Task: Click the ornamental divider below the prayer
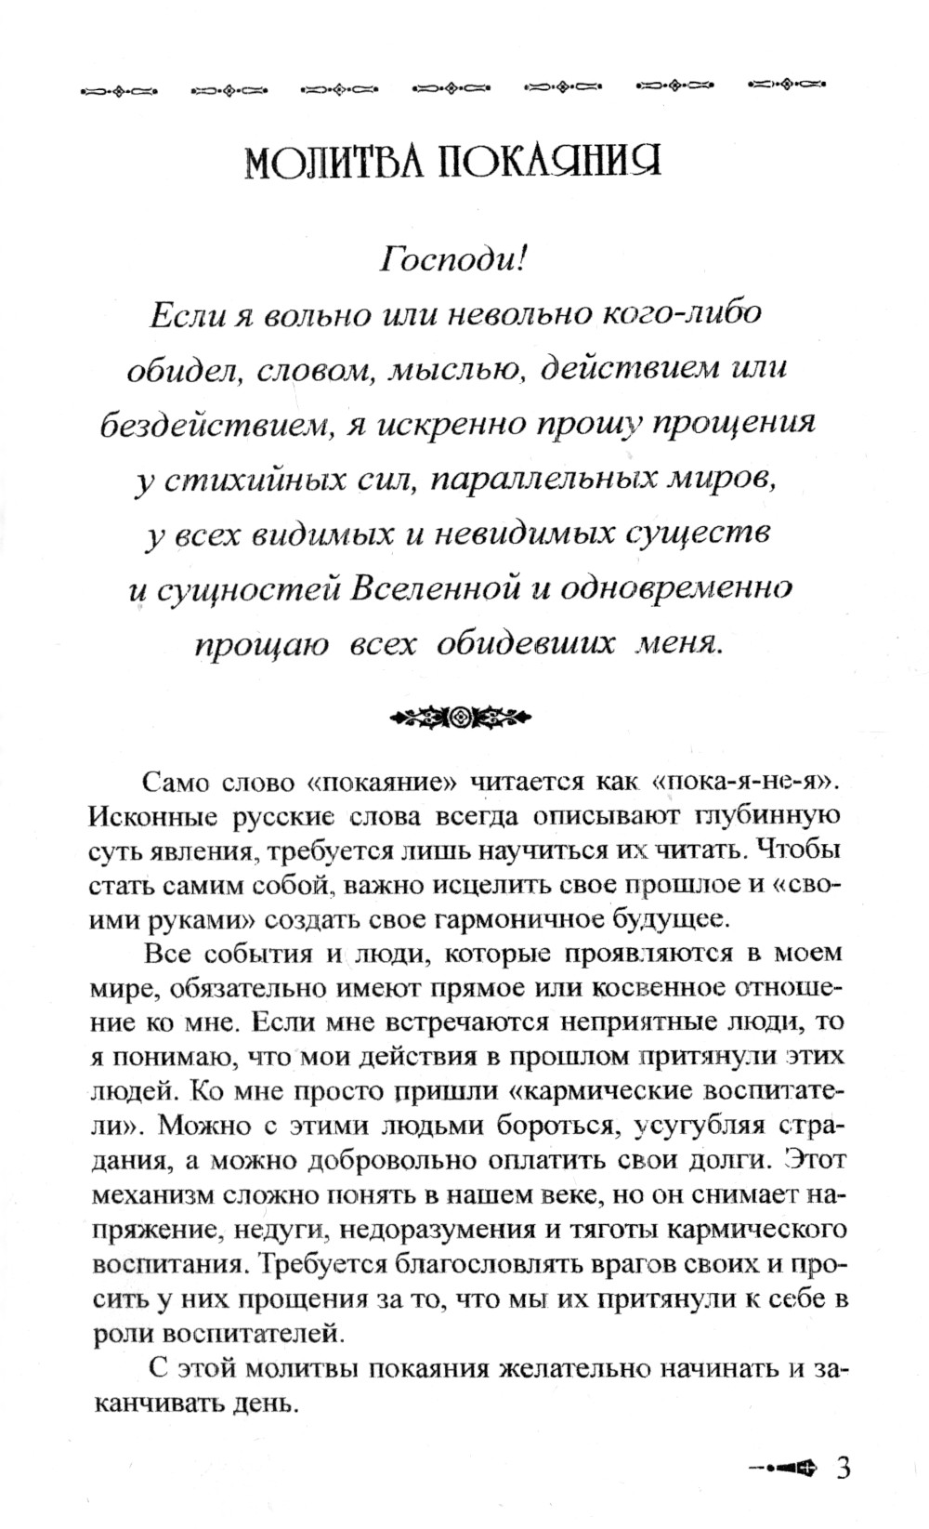coord(460,717)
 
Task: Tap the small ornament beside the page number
coord(783,1443)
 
